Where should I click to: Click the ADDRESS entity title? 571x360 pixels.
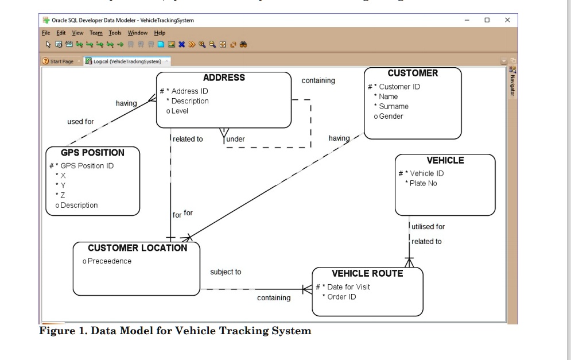pyautogui.click(x=224, y=78)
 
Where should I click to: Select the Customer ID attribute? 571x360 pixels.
pyautogui.click(x=399, y=87)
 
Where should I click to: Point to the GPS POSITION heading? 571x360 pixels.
pyautogui.click(x=92, y=153)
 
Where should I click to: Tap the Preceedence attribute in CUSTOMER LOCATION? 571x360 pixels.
pyautogui.click(x=110, y=261)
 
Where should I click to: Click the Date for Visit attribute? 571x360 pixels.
pyautogui.click(x=348, y=287)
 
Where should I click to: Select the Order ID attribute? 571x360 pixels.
pyautogui.click(x=341, y=297)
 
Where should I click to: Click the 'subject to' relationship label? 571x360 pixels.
pyautogui.click(x=226, y=272)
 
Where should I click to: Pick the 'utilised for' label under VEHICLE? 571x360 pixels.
pyautogui.click(x=428, y=227)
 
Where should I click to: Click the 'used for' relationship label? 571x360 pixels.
pyautogui.click(x=80, y=122)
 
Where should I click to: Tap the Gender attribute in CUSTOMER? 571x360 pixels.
pyautogui.click(x=391, y=116)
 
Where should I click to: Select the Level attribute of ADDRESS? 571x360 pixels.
pyautogui.click(x=180, y=111)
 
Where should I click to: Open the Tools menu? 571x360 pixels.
pyautogui.click(x=115, y=33)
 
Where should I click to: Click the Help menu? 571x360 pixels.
pyautogui.click(x=160, y=33)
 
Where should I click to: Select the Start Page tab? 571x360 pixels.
pyautogui.click(x=60, y=61)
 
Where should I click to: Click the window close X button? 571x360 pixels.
pyautogui.click(x=507, y=20)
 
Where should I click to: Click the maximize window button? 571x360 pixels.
pyautogui.click(x=487, y=20)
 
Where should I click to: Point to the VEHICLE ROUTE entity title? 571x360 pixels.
pyautogui.click(x=367, y=273)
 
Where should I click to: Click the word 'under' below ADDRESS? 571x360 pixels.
pyautogui.click(x=235, y=140)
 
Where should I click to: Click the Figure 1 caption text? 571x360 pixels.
pyautogui.click(x=175, y=331)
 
